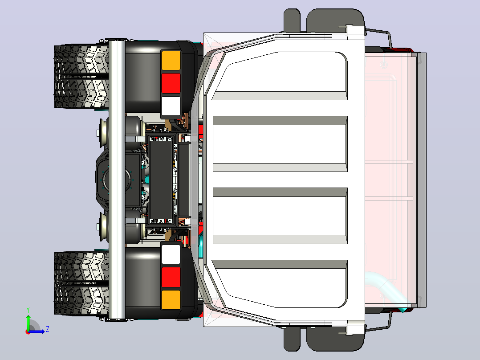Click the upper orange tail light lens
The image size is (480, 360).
171,60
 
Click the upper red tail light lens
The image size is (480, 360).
171,83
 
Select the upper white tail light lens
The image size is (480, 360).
171,106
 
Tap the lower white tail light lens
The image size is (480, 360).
171,254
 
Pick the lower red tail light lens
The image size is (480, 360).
171,277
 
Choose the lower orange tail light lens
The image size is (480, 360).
171,300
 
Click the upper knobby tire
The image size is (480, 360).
81,76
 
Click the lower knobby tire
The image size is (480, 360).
81,283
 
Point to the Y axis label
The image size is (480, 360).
28,310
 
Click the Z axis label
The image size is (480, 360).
48,329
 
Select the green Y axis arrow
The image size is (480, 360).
28,323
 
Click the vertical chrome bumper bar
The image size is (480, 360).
117,180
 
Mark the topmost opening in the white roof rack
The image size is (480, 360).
280,76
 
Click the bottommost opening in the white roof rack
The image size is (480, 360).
280,284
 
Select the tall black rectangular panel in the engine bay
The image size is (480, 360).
160,180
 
